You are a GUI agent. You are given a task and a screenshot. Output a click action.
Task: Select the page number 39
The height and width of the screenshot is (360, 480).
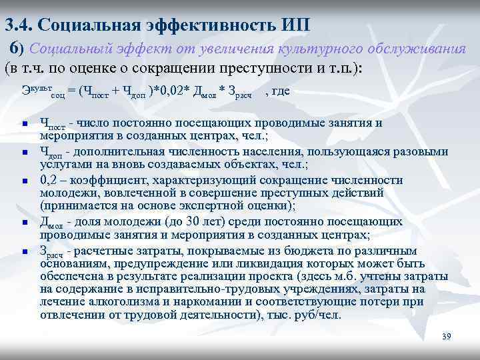(x=447, y=337)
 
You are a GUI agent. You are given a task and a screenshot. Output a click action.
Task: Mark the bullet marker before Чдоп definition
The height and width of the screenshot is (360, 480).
(x=23, y=153)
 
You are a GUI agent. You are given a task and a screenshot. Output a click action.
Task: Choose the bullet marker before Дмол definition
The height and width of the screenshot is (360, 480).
(x=23, y=223)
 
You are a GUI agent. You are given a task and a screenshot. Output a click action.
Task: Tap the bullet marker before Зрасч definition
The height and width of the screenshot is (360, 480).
(x=23, y=251)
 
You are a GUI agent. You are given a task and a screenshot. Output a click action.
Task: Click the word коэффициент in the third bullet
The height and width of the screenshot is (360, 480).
(x=109, y=180)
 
